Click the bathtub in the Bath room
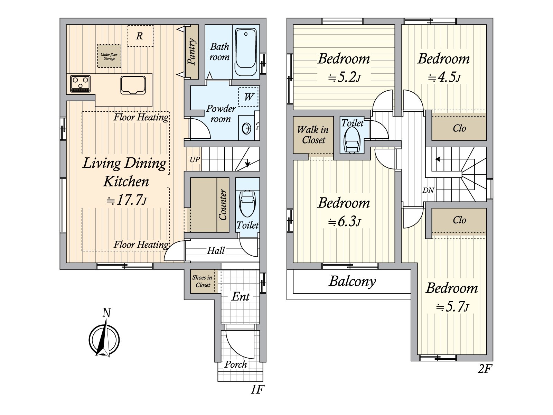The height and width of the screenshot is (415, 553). pos(246,52)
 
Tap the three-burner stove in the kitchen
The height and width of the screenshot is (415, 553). pos(81,83)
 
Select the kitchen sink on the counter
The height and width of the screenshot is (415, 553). pos(133,85)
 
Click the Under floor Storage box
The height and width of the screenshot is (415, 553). pos(109,56)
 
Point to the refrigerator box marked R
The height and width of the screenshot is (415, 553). pos(140,36)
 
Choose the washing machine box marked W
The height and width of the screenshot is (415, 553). pos(248,97)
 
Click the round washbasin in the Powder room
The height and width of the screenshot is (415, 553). pos(246,129)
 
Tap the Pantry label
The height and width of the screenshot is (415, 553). pos(191,52)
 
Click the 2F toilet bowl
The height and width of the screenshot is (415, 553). pos(352,139)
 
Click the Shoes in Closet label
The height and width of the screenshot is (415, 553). pos(202,281)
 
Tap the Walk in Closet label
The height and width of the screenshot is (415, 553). pos(313,135)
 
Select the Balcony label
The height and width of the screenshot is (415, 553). pos(352,281)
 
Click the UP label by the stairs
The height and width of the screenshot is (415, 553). pos(195,159)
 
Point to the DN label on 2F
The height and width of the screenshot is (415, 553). pos(428,190)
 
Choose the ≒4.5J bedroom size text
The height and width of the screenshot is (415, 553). pos(444,77)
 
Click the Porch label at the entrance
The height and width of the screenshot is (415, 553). pos(236,365)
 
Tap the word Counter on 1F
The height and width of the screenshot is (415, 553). pos(223,205)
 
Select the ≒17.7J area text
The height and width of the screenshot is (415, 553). pos(126,200)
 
